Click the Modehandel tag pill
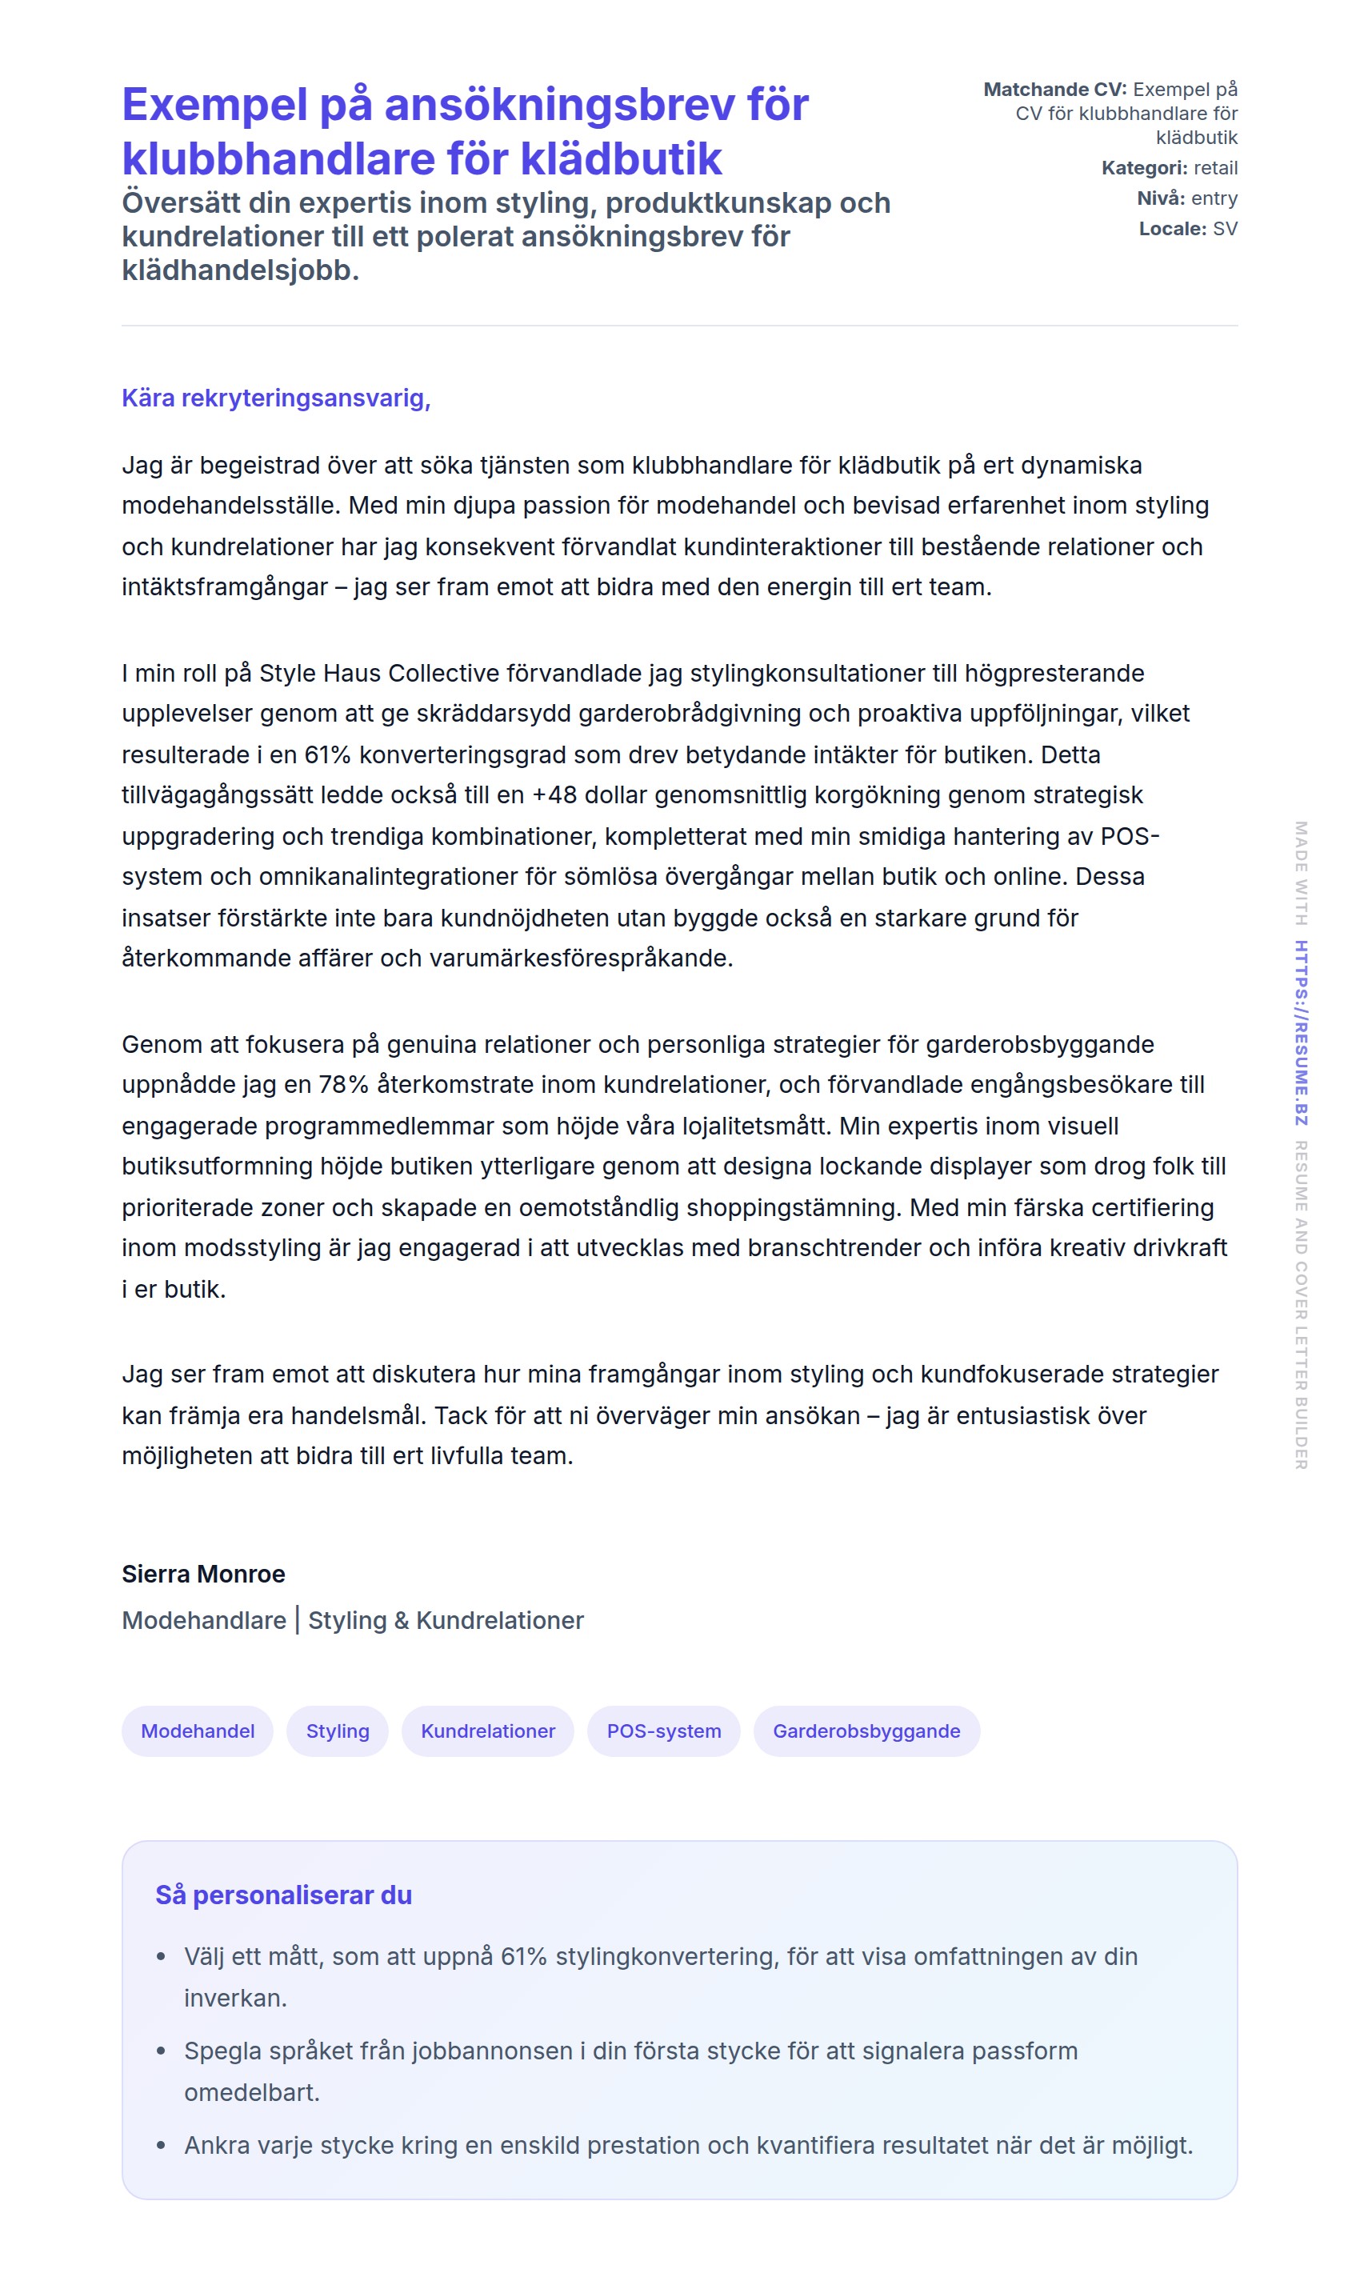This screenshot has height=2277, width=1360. pos(197,1731)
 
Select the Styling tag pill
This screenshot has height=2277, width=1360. pos(338,1731)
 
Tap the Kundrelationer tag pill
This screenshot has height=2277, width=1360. pos(487,1731)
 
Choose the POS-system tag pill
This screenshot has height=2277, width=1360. pos(663,1731)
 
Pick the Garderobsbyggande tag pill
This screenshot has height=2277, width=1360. pos(866,1731)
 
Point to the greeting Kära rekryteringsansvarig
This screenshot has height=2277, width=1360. pos(276,398)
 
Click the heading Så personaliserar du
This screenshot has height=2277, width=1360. pos(283,1895)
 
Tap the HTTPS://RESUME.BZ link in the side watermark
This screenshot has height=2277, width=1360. pos(1301,1033)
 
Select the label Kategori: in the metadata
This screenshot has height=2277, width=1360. pos(1144,168)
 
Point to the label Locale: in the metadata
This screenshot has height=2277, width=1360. pos(1172,228)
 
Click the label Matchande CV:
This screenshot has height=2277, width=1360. pos(1055,89)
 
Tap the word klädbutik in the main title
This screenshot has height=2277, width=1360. pos(622,158)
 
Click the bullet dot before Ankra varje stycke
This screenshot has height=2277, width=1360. pos(162,2145)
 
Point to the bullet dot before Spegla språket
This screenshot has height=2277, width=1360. pos(162,2051)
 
